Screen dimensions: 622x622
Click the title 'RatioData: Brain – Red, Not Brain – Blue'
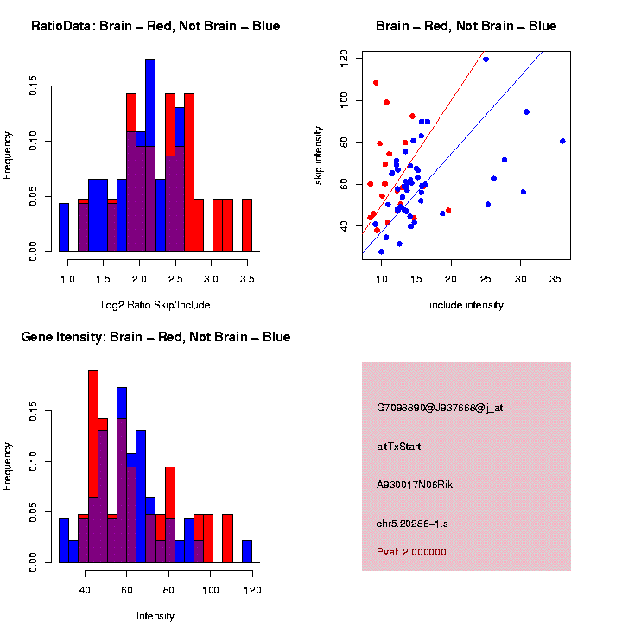[155, 27]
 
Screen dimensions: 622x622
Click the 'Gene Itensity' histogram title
[155, 337]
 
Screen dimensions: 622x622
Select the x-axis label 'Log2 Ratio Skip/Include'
[155, 305]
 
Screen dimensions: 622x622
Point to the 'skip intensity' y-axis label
[320, 143]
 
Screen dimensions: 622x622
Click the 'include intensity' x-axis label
[466, 305]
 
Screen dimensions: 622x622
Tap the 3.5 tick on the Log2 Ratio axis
[247, 279]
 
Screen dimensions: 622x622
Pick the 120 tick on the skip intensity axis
[344, 59]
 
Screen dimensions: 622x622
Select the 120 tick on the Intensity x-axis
[252, 590]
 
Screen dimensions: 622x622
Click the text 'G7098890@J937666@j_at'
[439, 408]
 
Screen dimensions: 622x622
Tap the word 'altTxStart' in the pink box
[399, 447]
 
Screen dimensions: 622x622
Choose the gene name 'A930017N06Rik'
[415, 485]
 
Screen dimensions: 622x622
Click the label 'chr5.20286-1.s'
[411, 524]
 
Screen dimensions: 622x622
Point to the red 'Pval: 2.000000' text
[411, 552]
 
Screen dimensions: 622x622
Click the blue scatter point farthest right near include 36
[562, 141]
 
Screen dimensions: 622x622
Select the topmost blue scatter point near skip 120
[486, 60]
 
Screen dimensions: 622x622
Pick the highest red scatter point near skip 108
[376, 83]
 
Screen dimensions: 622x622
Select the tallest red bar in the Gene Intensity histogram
[93, 466]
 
